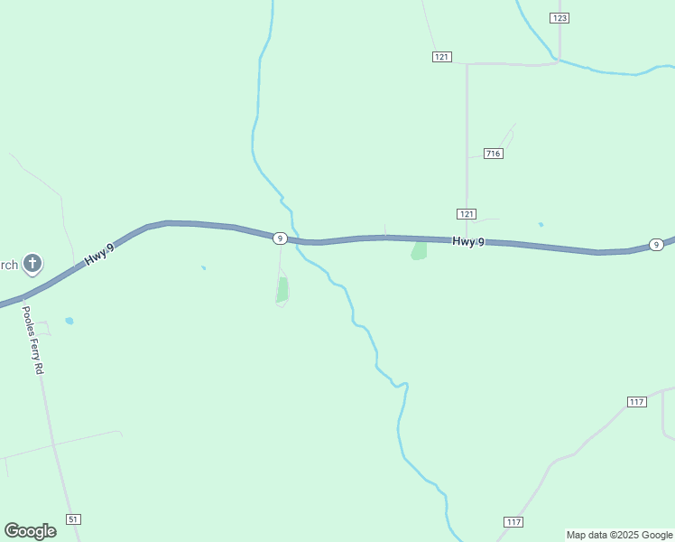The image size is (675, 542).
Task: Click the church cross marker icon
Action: coord(32,264)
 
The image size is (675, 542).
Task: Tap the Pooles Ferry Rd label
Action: coord(32,340)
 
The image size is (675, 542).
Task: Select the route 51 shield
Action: coord(73,519)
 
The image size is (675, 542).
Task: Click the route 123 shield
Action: coord(560,18)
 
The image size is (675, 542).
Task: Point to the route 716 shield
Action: coord(493,154)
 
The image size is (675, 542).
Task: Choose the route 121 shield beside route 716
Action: coord(466,213)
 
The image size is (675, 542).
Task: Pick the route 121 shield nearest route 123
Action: coord(441,56)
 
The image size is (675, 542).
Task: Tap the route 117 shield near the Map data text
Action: coord(513,522)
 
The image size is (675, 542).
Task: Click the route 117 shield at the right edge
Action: coord(636,401)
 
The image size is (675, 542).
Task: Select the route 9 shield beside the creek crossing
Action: coord(281,238)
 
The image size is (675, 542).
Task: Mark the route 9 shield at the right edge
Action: coord(657,245)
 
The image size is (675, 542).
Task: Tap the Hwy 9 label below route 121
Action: coord(468,241)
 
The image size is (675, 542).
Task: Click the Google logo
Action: coord(31,531)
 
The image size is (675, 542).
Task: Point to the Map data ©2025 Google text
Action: coord(619,535)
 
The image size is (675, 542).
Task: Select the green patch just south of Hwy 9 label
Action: coord(419,250)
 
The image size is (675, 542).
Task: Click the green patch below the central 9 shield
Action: coord(282,290)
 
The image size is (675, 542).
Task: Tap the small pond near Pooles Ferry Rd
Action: coord(69,321)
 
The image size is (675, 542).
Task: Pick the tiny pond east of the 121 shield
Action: coord(541,225)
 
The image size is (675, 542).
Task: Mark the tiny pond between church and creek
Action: coord(203,267)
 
